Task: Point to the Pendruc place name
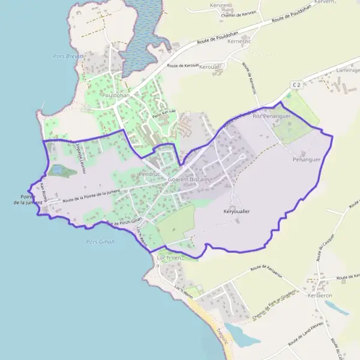pyautogui.click(x=147, y=173)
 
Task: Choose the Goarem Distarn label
pyautogui.click(x=188, y=180)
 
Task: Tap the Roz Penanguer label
pyautogui.click(x=272, y=116)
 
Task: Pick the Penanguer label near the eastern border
pyautogui.click(x=307, y=160)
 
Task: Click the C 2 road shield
pyautogui.click(x=296, y=86)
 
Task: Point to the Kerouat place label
pyautogui.click(x=209, y=67)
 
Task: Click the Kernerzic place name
pyautogui.click(x=239, y=41)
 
